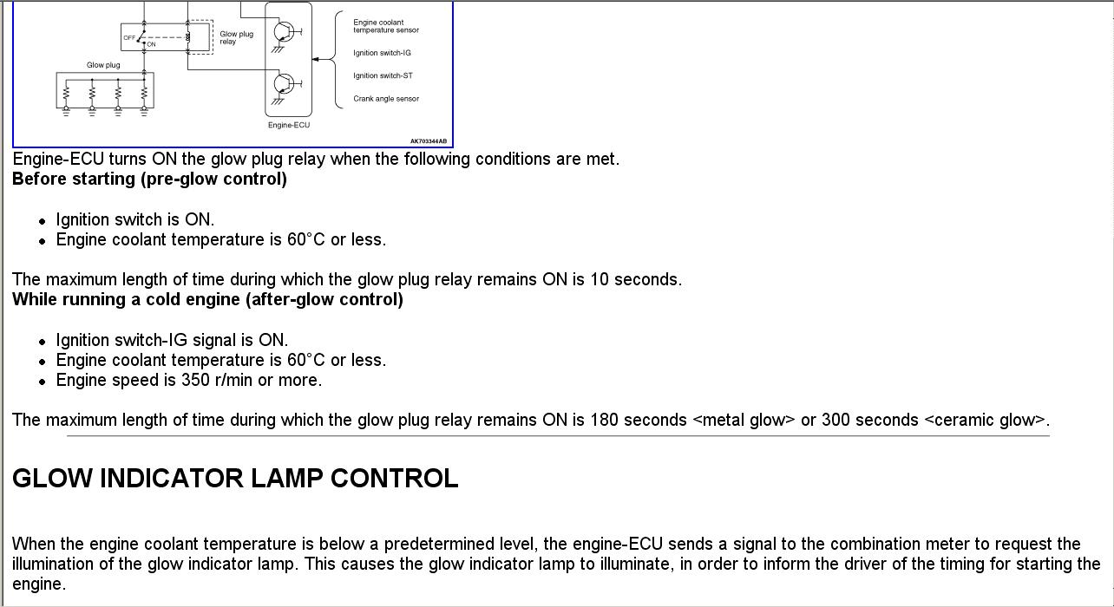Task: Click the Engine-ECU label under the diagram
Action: [289, 125]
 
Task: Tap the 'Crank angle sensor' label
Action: [386, 99]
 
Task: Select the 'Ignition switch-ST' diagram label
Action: [383, 75]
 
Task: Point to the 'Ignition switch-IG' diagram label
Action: [382, 53]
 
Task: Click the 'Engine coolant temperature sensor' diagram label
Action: [385, 27]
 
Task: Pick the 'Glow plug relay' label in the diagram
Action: [236, 37]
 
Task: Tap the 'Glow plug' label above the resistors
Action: [103, 65]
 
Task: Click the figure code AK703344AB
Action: [429, 141]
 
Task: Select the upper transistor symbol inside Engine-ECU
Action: [285, 32]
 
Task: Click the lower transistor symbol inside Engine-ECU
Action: [285, 84]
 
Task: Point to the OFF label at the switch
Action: [129, 38]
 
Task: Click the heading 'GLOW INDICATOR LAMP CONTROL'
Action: [235, 479]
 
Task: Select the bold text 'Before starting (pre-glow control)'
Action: [149, 179]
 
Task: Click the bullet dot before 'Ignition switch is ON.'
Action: [43, 221]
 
